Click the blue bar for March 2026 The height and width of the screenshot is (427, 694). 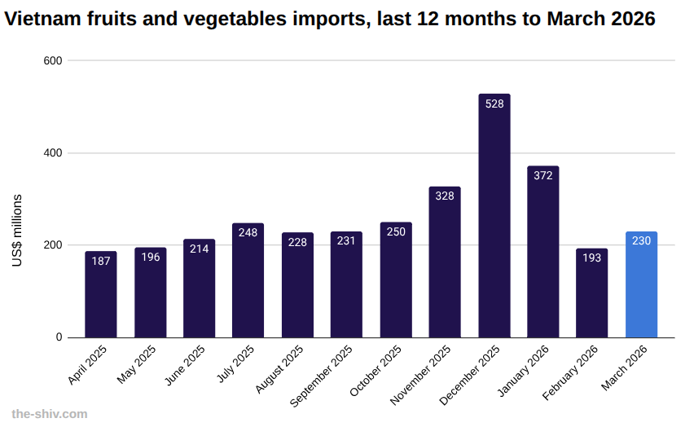pyautogui.click(x=641, y=284)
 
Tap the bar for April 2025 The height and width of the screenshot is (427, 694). pyautogui.click(x=101, y=294)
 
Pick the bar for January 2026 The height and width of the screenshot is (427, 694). pyautogui.click(x=542, y=252)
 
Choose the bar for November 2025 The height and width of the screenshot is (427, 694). pyautogui.click(x=445, y=262)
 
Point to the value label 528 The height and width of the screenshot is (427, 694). pyautogui.click(x=494, y=104)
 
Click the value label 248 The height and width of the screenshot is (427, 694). pyautogui.click(x=248, y=233)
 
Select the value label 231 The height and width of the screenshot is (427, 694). pyautogui.click(x=346, y=241)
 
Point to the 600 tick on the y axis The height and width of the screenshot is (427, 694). pyautogui.click(x=54, y=60)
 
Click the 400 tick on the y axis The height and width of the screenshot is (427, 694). pyautogui.click(x=54, y=153)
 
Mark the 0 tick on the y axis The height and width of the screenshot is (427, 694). pyautogui.click(x=59, y=337)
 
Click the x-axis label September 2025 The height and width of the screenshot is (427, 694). pyautogui.click(x=323, y=375)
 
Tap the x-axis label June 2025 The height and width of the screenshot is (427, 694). pyautogui.click(x=185, y=366)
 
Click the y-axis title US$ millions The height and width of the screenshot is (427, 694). pyautogui.click(x=17, y=231)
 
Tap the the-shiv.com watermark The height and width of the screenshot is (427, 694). pyautogui.click(x=50, y=414)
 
